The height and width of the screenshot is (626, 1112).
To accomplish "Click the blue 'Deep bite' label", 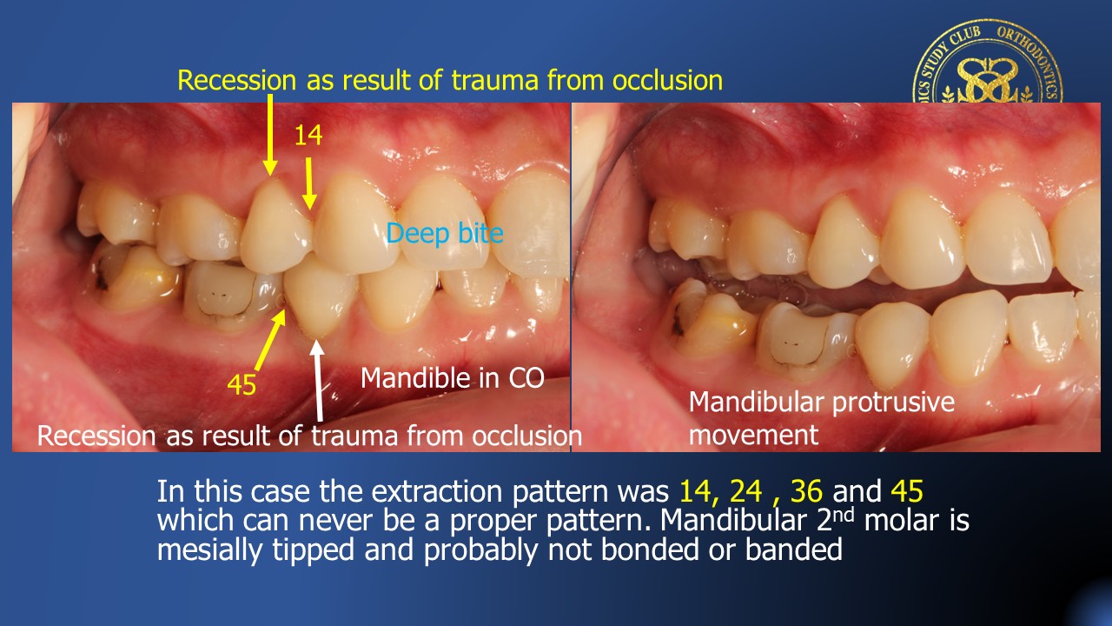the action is pos(445,234).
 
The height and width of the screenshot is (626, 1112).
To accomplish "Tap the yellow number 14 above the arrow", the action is pos(308,135).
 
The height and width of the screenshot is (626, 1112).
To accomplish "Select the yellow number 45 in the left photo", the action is pos(242,384).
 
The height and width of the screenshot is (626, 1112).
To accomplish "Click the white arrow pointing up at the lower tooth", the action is pos(318,380).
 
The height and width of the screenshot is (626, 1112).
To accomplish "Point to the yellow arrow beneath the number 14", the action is pos(309,183).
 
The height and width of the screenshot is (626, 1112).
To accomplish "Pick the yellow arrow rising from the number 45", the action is pos(271,339).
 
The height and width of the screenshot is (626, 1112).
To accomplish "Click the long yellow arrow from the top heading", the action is pos(269,135).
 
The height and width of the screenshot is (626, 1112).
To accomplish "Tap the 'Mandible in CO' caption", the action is pos(453,378).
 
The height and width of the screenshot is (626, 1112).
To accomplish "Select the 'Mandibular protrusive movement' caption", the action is pos(822,418).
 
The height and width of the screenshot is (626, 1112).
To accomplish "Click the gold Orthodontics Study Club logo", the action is pos(988,62).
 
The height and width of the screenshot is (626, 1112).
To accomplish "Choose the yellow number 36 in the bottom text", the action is pos(807,491).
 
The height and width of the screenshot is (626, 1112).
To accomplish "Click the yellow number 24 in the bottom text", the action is pos(745,491).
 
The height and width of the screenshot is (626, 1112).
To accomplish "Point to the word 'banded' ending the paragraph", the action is pos(794,549).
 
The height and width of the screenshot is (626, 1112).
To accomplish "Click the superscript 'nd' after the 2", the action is pos(844,514).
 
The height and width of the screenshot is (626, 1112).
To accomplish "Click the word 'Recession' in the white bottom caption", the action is pos(96,436).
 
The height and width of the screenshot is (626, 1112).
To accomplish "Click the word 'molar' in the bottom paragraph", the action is pos(902,520).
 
